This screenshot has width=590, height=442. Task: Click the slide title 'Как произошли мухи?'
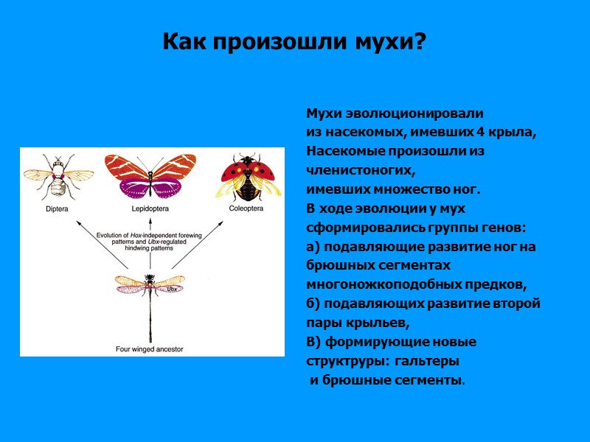pos(294,41)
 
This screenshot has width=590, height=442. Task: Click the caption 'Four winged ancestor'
pos(149,348)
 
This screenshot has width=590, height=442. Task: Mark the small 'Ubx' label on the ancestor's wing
pos(173,290)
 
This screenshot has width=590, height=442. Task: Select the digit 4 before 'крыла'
pos(477,133)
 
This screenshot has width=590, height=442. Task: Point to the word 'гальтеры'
pos(427,361)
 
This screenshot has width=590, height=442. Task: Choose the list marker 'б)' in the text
pos(313,304)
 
